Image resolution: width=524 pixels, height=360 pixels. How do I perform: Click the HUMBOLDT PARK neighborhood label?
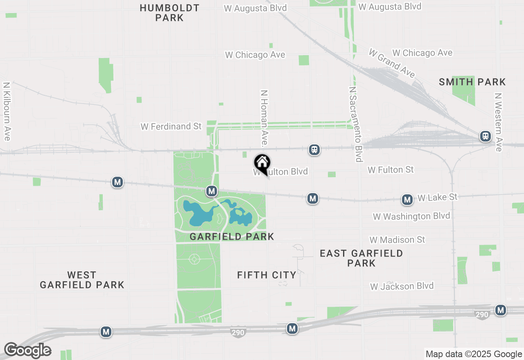pos(169,13)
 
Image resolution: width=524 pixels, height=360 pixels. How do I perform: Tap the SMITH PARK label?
pos(472,82)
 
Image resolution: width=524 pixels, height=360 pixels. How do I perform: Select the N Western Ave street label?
pos(498,122)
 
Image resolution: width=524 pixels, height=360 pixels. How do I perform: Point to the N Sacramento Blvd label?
pos(356,124)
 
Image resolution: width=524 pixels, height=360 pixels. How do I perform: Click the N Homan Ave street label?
pos(264,118)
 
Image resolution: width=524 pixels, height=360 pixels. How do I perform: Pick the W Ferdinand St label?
pos(171,126)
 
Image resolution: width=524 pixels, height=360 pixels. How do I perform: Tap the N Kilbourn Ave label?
pos(6,111)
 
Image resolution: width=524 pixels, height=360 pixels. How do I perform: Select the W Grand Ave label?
pos(391,63)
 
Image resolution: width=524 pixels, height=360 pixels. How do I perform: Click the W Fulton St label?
pos(391,169)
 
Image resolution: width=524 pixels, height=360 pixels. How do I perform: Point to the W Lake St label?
pos(437,198)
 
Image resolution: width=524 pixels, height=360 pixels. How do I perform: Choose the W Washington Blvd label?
pos(411,216)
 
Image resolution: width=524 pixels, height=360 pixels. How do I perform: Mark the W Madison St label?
pos(397,240)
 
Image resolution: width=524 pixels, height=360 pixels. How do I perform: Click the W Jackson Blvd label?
pos(402,286)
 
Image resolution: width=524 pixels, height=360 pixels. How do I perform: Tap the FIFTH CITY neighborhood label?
pos(267,275)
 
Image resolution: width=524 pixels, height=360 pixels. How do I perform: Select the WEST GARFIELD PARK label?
pos(82,280)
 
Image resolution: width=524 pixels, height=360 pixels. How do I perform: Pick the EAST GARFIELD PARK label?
pos(361,258)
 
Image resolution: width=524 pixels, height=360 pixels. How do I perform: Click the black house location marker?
pos(262,163)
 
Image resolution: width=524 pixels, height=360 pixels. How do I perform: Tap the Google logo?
pos(27,351)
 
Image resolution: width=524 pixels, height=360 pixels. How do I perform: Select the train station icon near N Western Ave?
pos(486,136)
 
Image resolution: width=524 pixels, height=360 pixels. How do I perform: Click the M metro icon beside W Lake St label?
pos(407,200)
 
